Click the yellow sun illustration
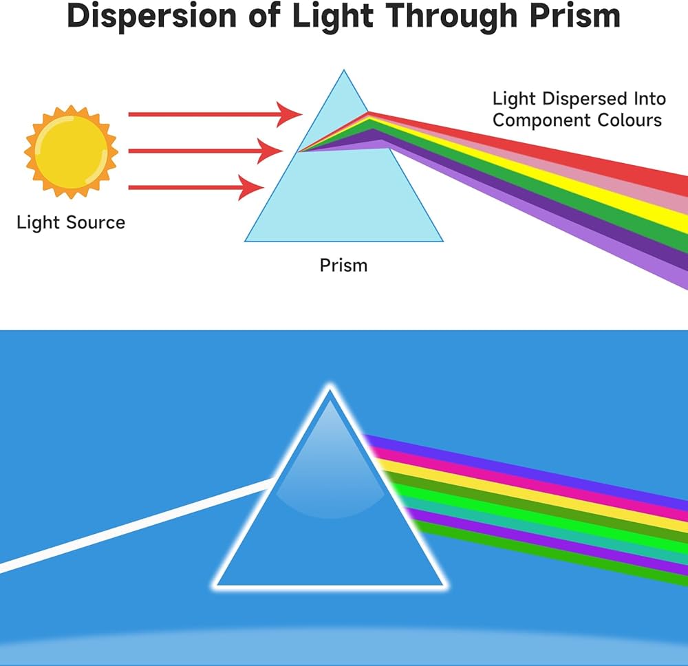71,151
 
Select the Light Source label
71,223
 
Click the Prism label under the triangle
343,265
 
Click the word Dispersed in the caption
583,98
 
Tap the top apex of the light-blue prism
343,71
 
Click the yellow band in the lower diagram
550,495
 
